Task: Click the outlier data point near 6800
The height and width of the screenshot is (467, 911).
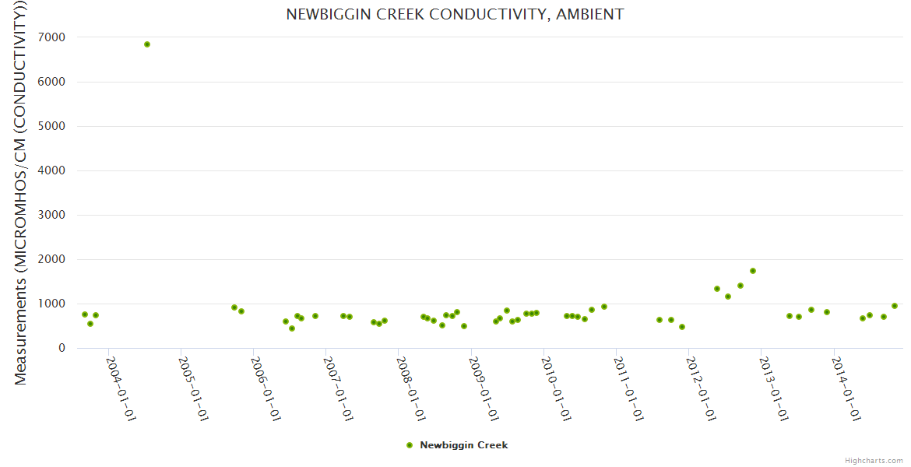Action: point(147,44)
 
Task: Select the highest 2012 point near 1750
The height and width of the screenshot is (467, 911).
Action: point(753,271)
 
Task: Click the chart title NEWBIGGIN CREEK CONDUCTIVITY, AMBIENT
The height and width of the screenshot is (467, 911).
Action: point(455,15)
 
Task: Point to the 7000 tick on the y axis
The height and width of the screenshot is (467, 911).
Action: point(49,37)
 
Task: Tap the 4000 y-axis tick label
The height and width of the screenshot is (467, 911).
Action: point(49,170)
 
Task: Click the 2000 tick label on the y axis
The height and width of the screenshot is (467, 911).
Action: point(49,259)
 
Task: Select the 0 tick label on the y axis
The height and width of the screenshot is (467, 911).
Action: point(60,348)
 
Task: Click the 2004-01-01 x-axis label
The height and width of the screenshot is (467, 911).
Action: point(121,389)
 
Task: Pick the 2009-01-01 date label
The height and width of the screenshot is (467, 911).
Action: point(484,389)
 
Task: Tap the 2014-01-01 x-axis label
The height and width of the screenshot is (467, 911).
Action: point(846,389)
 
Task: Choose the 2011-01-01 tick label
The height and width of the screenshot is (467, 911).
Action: point(628,389)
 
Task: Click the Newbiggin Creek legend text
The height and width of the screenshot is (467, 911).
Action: point(463,445)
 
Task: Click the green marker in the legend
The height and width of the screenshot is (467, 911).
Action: point(410,445)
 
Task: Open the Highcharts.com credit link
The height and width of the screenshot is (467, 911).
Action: point(874,461)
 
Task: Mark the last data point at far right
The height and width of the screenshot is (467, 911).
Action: point(895,306)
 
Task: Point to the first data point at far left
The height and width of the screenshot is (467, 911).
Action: point(85,314)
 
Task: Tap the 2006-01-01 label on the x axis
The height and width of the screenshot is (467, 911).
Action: point(266,389)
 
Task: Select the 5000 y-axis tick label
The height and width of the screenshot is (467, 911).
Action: point(49,126)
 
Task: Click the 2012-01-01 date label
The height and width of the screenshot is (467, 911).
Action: point(701,389)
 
